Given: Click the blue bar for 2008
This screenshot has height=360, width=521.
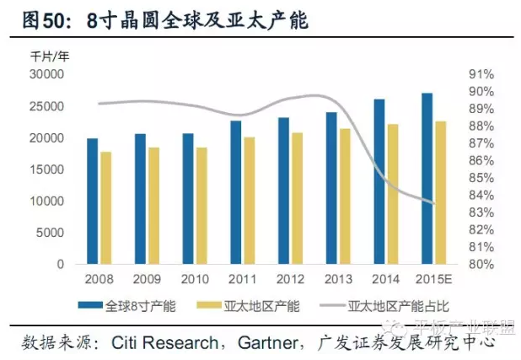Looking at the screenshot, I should [x=92, y=201].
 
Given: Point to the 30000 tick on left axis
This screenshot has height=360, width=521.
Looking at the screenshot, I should [x=48, y=74].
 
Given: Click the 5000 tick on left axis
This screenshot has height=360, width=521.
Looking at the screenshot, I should [x=51, y=233].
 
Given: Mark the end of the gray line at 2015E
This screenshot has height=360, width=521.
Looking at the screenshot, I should [x=434, y=202].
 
